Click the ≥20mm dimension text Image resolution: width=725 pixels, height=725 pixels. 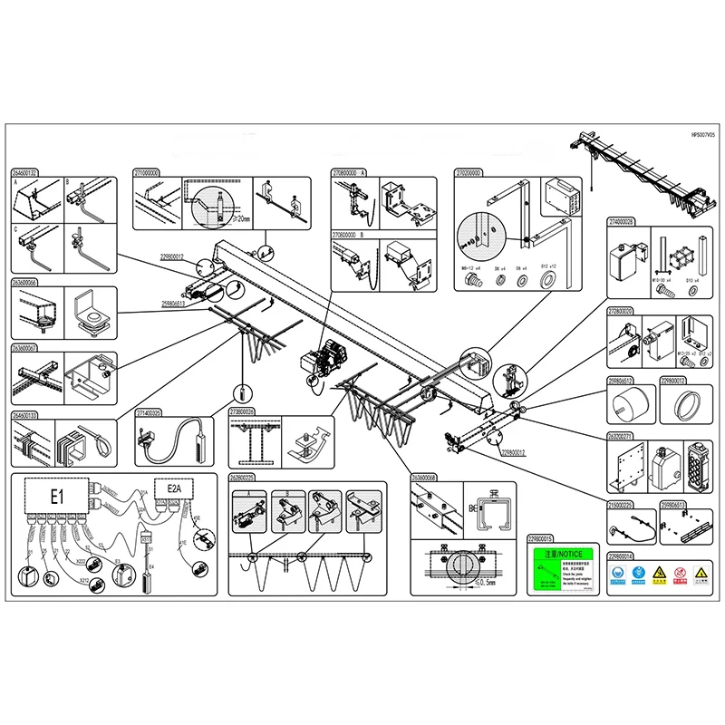point(240,217)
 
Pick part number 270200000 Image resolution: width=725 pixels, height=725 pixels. point(469,171)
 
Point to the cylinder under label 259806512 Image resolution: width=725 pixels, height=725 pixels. point(629,404)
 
